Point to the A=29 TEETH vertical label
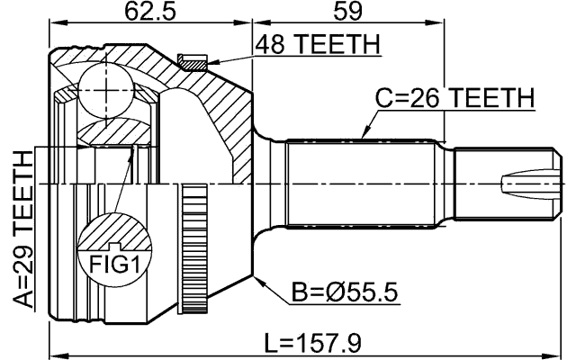21,229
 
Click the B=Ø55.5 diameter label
346,293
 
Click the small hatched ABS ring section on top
193,61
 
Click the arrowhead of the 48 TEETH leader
212,62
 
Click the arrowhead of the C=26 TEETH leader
362,136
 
